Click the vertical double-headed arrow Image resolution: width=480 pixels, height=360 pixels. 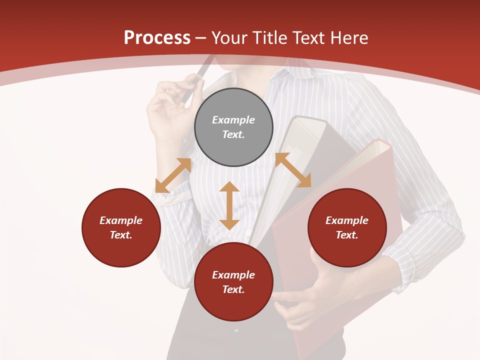229,205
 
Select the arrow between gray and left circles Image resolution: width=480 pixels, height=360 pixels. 173,175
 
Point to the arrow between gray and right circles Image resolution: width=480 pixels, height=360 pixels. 293,170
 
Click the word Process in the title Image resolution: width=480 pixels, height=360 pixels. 157,37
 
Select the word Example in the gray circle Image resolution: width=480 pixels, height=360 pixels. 233,120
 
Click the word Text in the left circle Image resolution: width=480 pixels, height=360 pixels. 121,235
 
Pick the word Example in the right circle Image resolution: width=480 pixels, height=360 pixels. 347,220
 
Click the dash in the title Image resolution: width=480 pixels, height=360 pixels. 201,38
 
